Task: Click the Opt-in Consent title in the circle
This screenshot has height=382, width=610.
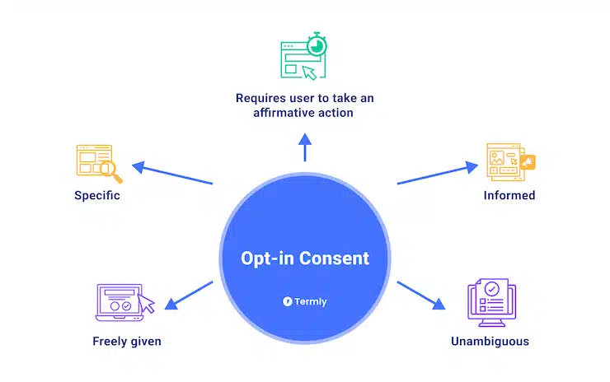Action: (305, 259)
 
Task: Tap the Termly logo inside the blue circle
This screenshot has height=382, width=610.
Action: (305, 301)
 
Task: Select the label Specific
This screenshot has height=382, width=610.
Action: (97, 196)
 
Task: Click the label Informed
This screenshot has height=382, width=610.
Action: (509, 196)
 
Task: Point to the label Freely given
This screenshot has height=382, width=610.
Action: (127, 341)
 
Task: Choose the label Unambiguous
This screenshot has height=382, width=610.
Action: (490, 341)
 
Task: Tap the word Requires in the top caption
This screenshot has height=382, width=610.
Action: (259, 97)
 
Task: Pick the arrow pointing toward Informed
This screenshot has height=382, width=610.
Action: (438, 174)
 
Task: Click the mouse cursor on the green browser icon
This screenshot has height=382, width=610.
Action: (309, 72)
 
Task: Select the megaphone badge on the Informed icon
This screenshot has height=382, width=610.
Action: (527, 161)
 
